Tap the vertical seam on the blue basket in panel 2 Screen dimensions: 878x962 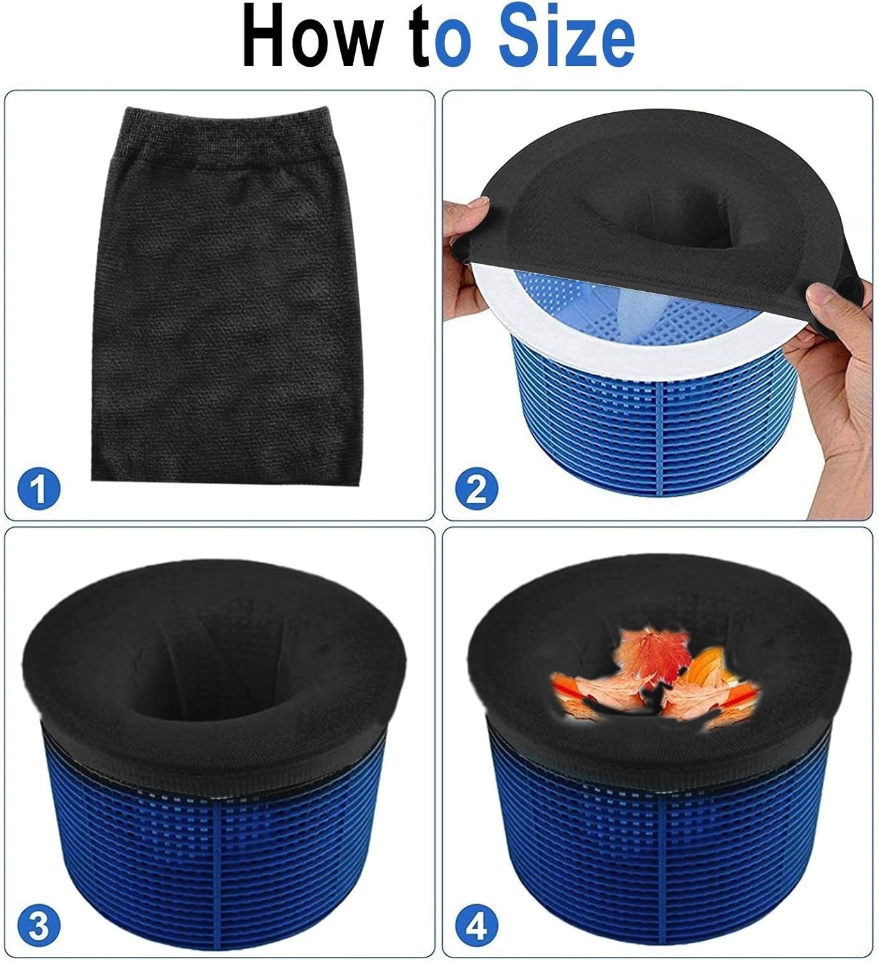661,422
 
